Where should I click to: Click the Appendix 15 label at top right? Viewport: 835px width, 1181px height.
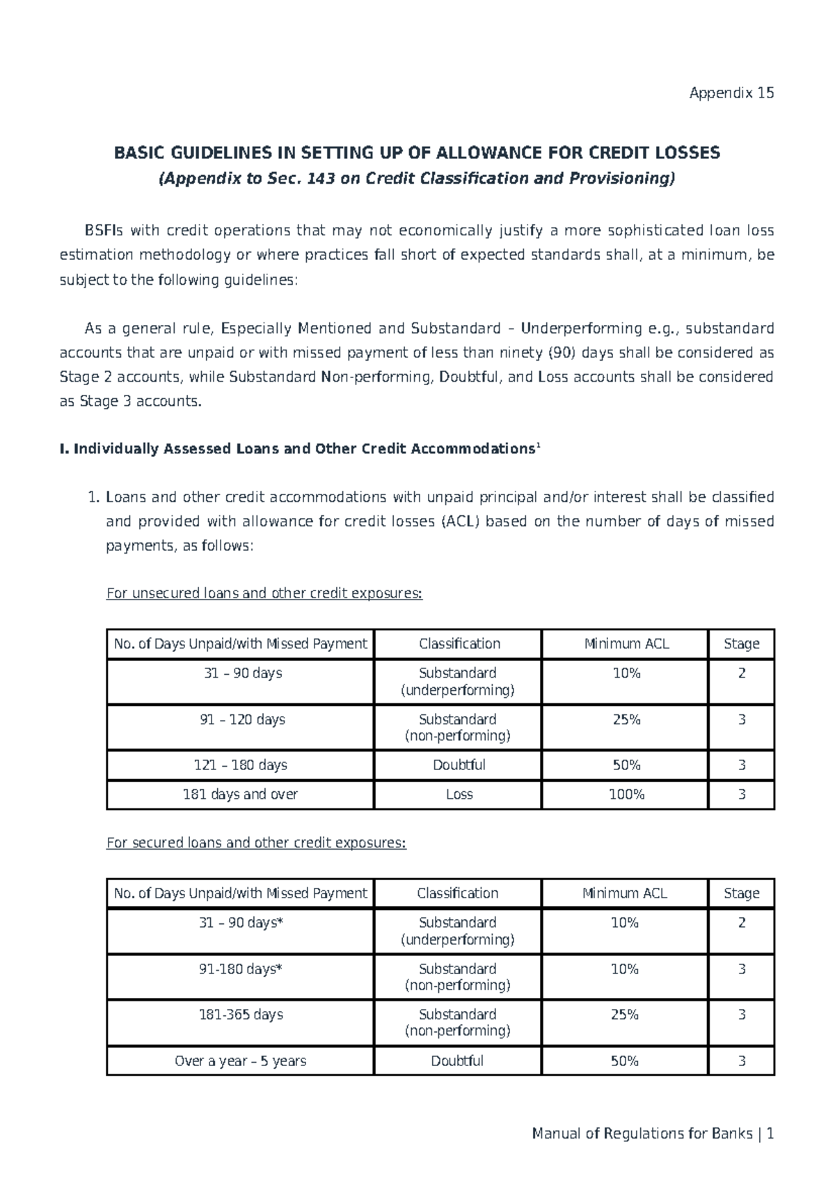[x=731, y=93]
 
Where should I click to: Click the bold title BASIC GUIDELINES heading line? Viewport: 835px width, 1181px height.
[x=417, y=153]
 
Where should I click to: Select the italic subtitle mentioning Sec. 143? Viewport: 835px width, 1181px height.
[x=417, y=179]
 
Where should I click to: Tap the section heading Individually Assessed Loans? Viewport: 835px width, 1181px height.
[x=299, y=449]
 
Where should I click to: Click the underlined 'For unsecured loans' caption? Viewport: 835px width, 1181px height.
[x=264, y=593]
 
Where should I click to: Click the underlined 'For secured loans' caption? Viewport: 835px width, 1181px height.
[x=255, y=843]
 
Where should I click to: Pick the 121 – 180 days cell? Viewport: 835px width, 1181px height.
[x=240, y=765]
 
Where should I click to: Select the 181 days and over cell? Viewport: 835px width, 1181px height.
[x=240, y=795]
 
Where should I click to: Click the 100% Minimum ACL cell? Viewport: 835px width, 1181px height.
[x=626, y=795]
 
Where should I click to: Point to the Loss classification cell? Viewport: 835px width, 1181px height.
[x=459, y=795]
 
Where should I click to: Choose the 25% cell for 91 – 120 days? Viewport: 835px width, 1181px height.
[x=626, y=719]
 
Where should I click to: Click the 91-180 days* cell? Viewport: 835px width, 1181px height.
[x=241, y=969]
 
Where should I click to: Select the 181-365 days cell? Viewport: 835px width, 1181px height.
[x=241, y=1015]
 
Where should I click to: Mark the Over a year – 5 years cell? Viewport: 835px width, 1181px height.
[x=241, y=1061]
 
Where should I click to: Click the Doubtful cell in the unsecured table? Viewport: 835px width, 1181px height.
[x=459, y=765]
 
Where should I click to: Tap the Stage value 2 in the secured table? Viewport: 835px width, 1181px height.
[x=742, y=923]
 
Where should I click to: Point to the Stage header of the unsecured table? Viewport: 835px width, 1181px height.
[x=742, y=644]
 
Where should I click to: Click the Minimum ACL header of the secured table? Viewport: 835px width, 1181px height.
[x=625, y=893]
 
